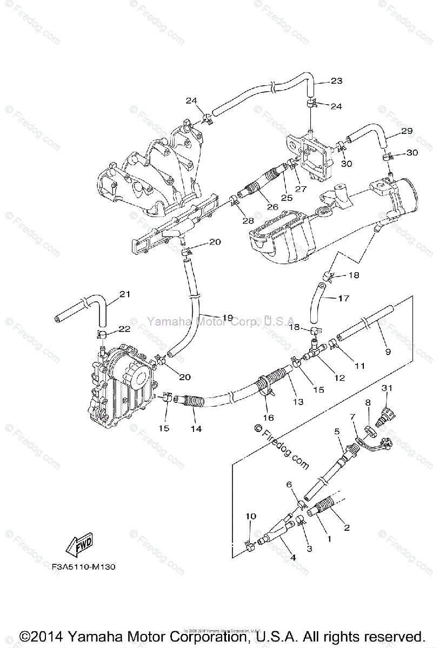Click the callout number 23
(336, 81)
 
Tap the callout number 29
(407, 131)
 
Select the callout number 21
(125, 294)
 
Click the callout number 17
(344, 298)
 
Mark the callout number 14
(196, 428)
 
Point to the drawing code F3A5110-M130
(84, 567)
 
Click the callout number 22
(125, 328)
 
